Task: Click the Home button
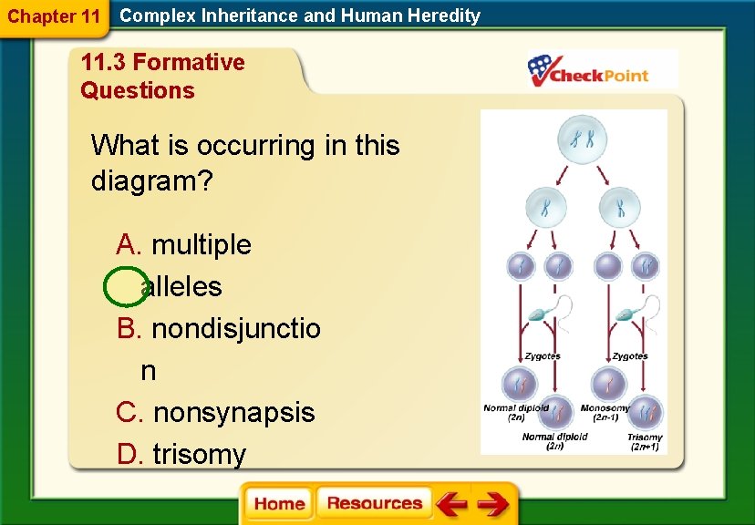279,504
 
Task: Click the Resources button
375,503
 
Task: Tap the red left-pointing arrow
450,504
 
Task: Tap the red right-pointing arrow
492,504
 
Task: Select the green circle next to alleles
125,286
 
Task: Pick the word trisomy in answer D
199,454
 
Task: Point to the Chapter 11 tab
53,16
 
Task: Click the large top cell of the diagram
583,140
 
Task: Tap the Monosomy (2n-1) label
606,413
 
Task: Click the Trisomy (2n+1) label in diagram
644,442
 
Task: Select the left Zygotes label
543,355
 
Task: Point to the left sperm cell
545,314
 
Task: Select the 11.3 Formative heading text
162,63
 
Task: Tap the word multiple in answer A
201,244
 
